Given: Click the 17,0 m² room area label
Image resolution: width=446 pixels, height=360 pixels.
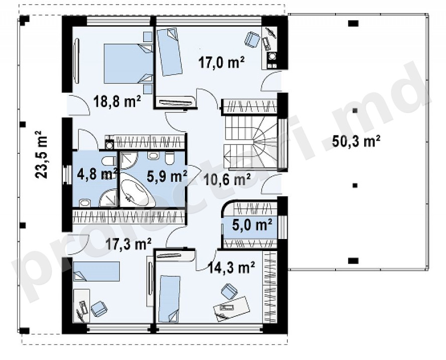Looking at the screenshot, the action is point(221,62).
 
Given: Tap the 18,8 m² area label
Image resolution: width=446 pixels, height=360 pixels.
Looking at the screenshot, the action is point(117,101).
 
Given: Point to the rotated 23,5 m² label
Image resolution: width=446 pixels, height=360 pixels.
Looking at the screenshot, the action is point(42,155).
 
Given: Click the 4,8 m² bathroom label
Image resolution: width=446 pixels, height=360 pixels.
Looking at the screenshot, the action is point(97,174).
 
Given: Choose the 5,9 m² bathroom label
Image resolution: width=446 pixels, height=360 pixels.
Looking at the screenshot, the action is point(167,177).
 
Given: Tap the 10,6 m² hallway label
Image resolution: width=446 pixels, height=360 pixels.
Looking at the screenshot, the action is point(227,180).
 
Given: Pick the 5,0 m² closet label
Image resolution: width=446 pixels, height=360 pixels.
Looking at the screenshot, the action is point(252,224).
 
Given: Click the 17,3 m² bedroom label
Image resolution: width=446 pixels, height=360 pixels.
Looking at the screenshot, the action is point(128,244).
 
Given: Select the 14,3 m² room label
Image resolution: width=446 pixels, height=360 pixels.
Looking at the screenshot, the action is point(231,267).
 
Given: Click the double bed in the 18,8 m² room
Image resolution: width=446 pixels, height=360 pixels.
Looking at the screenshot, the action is point(128,63).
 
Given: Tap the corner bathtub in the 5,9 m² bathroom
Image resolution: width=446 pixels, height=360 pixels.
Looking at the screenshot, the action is point(137,193).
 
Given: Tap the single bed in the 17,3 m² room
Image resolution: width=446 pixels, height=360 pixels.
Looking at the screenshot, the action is point(96,272).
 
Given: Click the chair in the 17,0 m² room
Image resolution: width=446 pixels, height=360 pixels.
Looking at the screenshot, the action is point(252,39).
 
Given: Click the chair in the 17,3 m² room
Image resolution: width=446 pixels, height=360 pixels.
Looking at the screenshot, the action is point(99,308).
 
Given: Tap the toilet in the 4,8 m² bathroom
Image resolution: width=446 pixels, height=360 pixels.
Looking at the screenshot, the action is point(108,161).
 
